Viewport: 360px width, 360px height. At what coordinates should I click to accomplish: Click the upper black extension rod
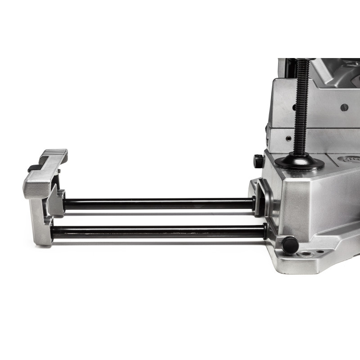[157, 203]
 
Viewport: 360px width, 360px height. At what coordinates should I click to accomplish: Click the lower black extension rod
[157, 232]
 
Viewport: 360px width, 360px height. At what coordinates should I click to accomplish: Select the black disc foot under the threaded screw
[300, 162]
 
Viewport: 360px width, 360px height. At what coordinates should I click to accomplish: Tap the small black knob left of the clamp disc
[258, 161]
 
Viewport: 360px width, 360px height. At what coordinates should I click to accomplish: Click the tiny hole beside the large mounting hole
[320, 252]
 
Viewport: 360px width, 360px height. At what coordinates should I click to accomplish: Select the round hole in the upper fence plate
[344, 108]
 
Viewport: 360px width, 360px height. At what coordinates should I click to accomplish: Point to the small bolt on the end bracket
[58, 171]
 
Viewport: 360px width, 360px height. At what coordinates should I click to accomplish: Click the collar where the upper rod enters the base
[254, 203]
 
